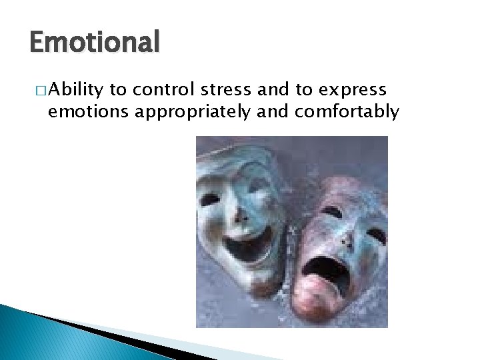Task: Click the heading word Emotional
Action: click(x=95, y=43)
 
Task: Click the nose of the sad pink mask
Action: click(x=346, y=237)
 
